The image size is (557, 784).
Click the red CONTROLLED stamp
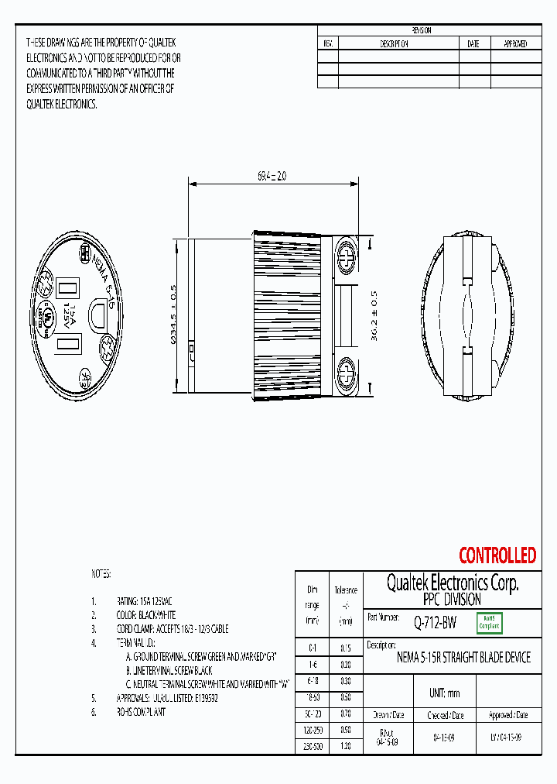click(x=497, y=555)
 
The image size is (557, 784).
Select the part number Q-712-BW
click(x=434, y=621)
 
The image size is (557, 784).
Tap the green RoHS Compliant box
click(x=489, y=622)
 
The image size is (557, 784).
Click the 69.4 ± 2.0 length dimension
click(x=272, y=176)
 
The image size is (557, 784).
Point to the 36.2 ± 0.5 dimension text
click(x=374, y=316)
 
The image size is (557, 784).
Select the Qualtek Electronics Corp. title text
click(x=453, y=583)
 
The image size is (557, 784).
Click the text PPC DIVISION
click(x=452, y=600)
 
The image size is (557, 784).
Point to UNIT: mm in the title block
click(x=444, y=693)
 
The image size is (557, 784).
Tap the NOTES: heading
click(x=101, y=574)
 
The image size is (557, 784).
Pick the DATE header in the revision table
click(x=473, y=44)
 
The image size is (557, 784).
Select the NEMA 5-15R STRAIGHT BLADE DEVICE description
click(x=463, y=658)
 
